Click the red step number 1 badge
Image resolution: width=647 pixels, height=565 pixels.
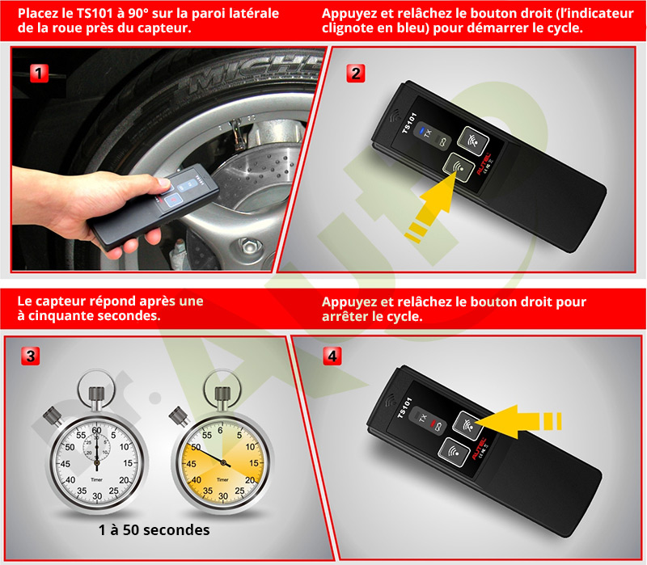point(39,74)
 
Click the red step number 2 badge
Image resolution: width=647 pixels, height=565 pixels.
point(356,74)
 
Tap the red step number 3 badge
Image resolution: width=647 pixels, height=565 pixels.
point(31,356)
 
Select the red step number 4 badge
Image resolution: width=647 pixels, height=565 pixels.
point(332,356)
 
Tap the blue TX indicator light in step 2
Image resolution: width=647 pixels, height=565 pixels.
point(421,132)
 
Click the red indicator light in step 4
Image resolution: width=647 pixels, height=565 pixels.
point(433,424)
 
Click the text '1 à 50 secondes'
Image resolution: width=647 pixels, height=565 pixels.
point(154,530)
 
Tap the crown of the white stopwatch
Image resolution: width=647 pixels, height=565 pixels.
point(96,397)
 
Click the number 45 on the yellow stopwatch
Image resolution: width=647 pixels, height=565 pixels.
point(191,463)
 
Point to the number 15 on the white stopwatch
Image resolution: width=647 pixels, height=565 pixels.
point(129,463)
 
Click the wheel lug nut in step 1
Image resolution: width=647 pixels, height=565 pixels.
point(249,247)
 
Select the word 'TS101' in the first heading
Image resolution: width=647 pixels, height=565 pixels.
point(95,14)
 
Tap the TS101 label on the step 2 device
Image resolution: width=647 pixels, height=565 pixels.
point(409,123)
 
